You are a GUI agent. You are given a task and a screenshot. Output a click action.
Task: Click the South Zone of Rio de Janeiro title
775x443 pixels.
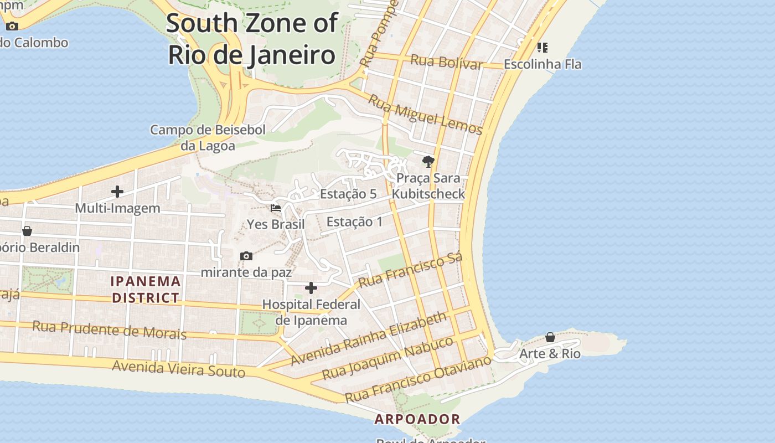click(252, 39)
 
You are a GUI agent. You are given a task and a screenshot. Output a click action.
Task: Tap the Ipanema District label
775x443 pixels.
click(146, 289)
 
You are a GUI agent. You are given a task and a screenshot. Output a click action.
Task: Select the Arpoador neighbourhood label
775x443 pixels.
click(417, 419)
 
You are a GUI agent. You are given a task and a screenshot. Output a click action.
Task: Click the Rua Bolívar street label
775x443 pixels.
click(446, 62)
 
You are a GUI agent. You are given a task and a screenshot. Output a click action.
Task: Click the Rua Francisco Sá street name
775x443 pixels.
click(410, 271)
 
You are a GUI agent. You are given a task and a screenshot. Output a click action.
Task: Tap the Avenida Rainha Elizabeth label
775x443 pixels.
click(369, 338)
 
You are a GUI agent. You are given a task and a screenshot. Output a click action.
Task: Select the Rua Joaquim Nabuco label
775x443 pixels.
click(387, 358)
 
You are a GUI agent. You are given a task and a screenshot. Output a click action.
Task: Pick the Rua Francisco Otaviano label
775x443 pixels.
click(417, 379)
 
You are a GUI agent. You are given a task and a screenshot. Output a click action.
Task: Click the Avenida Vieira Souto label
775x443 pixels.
click(178, 368)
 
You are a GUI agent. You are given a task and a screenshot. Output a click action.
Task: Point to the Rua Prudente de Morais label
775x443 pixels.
click(109, 329)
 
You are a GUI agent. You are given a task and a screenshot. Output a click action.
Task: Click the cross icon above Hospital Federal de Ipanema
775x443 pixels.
click(311, 288)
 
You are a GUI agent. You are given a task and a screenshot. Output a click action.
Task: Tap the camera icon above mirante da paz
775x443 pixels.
click(246, 256)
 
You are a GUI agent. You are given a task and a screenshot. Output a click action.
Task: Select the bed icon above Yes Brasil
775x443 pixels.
click(276, 208)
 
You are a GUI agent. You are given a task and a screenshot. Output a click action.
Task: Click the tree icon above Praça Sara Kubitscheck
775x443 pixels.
click(428, 162)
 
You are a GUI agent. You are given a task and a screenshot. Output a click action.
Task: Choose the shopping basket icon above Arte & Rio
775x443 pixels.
click(550, 337)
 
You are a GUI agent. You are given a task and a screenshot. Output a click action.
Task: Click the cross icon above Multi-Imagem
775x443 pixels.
click(117, 192)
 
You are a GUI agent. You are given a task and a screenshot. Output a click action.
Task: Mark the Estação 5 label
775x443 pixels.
click(348, 194)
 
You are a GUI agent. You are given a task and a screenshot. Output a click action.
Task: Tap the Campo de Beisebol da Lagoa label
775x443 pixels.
click(208, 137)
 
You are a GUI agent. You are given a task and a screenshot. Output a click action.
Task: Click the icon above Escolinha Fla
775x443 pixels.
click(542, 48)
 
